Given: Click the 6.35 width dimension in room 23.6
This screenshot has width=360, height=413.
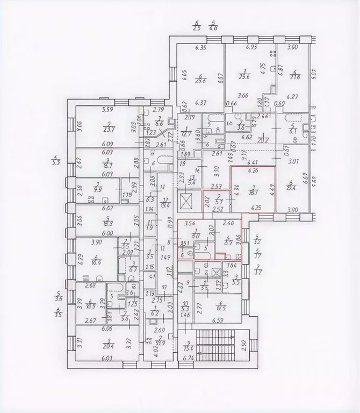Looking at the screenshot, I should click(202, 48).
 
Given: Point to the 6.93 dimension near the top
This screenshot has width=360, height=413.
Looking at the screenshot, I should click(251, 48).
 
